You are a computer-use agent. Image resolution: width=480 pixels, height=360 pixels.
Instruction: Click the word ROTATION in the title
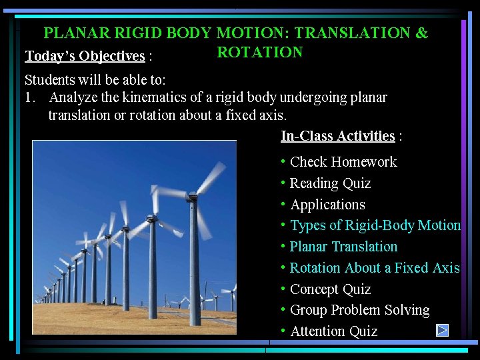[260, 53]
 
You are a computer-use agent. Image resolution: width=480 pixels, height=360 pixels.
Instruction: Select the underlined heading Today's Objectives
[85, 55]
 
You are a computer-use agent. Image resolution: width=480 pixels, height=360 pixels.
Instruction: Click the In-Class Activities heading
[338, 136]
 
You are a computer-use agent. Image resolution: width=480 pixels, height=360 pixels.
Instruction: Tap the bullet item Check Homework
[343, 162]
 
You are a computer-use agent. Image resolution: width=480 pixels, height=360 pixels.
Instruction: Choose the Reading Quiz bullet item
[330, 183]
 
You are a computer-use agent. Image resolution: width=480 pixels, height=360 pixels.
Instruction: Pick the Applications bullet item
[327, 205]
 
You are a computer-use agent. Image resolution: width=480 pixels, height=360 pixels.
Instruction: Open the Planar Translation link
[343, 247]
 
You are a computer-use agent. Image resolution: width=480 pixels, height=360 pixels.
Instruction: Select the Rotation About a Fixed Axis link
[375, 268]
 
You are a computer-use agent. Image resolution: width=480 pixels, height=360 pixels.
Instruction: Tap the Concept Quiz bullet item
[330, 289]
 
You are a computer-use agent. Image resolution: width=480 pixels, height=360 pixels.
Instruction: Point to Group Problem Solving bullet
[360, 310]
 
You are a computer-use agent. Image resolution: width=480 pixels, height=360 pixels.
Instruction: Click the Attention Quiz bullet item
[333, 331]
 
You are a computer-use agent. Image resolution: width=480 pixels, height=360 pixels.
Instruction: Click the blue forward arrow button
[442, 330]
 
